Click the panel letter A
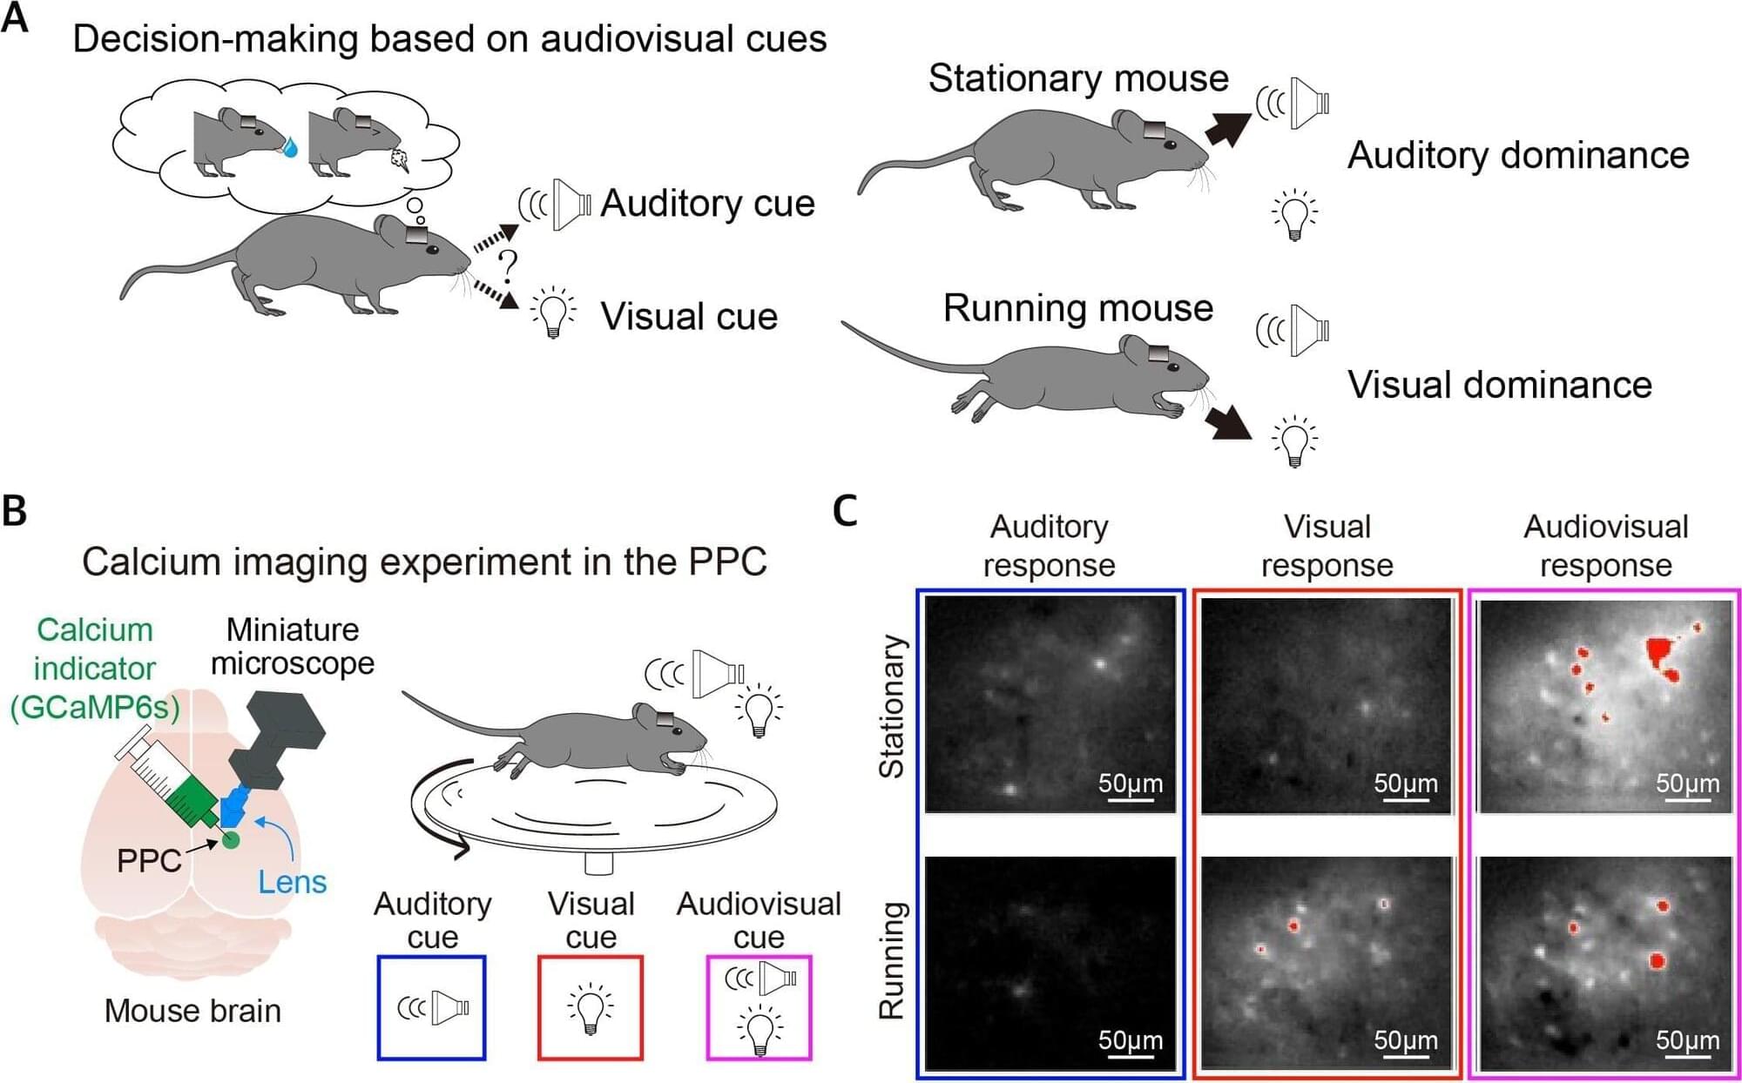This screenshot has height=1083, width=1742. pos(15,17)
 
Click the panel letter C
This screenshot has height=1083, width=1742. pos(845,511)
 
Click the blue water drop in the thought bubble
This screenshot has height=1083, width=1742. pos(289,149)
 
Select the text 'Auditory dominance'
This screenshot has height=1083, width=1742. pos(1517,156)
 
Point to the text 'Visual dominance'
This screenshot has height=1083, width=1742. pos(1499,385)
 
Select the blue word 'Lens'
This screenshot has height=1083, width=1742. pos(292,882)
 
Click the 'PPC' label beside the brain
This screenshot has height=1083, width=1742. pos(149,861)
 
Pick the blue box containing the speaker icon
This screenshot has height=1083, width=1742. pos(431,1008)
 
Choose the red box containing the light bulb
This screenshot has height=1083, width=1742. pos(591,1008)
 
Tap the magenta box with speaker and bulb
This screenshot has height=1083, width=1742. pos(759,1008)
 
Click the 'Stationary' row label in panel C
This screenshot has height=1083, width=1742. pos(891,706)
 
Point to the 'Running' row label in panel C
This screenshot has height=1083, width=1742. pos(891,960)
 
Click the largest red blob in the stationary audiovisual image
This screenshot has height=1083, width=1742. pos(1662,651)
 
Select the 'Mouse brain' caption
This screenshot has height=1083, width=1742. pos(192,1012)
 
